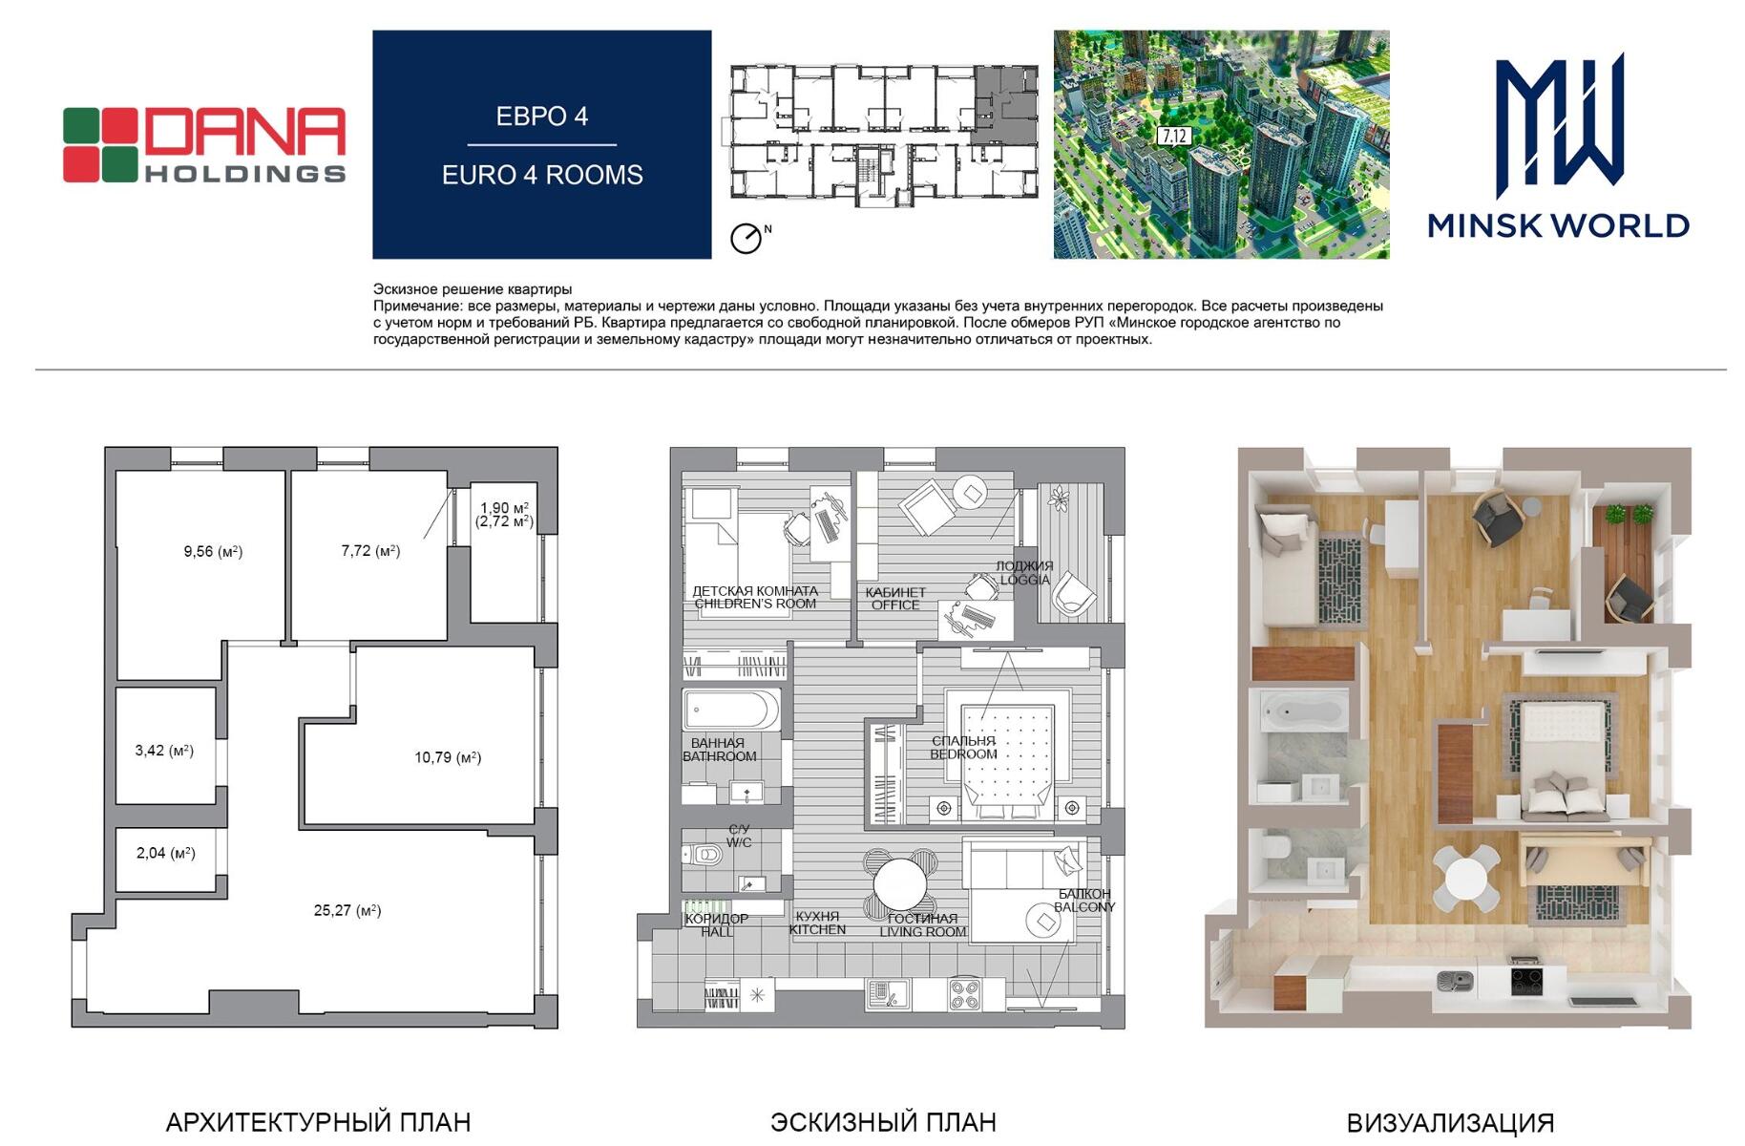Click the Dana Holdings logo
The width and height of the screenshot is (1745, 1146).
[204, 145]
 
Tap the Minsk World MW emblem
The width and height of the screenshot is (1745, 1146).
[1559, 120]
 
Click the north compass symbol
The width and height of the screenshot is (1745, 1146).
[747, 238]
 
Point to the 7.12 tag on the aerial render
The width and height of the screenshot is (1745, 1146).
[1173, 136]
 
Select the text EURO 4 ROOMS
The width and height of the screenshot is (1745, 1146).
[542, 175]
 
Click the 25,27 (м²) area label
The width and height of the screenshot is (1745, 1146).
[347, 910]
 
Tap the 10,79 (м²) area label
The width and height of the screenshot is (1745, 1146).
[448, 757]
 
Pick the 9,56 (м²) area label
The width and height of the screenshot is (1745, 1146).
[213, 551]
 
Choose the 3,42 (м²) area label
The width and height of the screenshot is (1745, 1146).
[164, 751]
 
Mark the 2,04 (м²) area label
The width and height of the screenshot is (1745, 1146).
[166, 853]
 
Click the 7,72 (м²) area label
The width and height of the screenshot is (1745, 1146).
[370, 550]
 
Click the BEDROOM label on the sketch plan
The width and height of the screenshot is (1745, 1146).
[964, 754]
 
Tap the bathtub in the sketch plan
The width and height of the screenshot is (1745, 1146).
[731, 711]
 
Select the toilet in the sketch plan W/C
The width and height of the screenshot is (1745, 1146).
[705, 855]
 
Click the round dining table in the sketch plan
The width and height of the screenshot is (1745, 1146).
[899, 884]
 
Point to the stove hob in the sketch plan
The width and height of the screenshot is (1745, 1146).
[964, 995]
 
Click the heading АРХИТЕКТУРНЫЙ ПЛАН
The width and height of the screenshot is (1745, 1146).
[318, 1122]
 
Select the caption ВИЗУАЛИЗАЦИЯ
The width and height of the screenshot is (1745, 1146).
[1450, 1123]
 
